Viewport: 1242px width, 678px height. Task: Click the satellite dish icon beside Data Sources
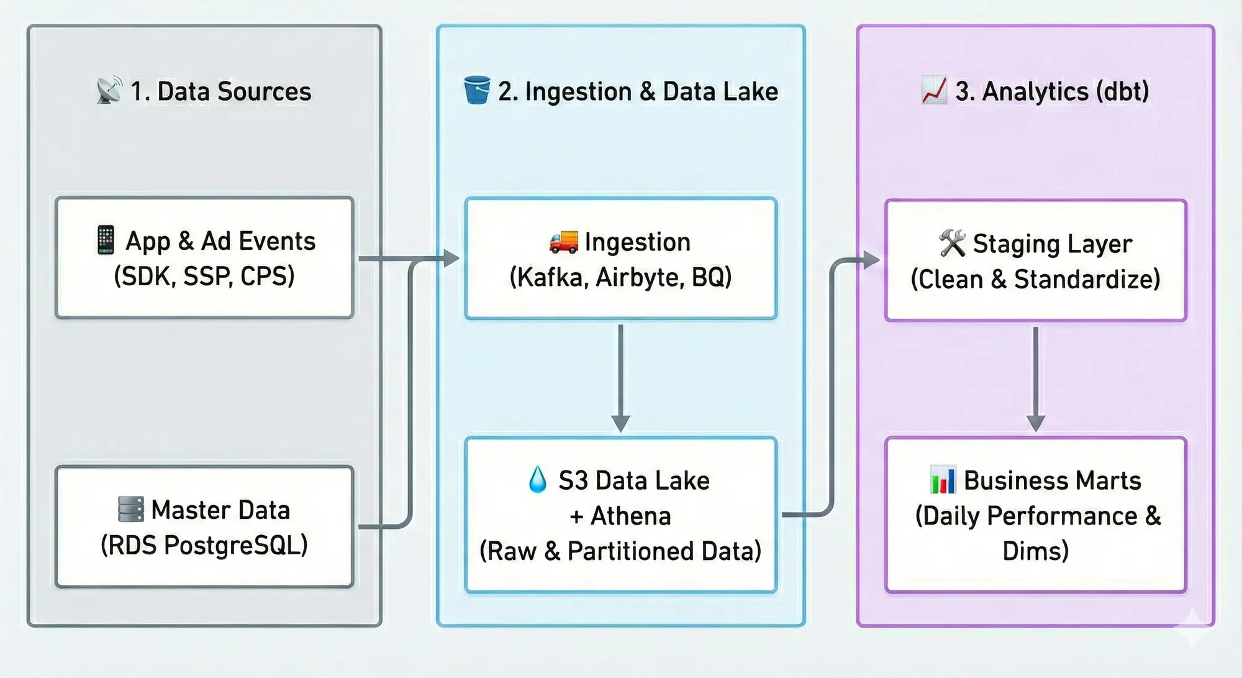point(110,91)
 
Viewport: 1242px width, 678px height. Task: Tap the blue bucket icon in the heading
point(477,90)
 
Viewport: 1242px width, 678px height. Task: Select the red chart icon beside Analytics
point(934,91)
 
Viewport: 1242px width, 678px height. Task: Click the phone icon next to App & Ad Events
point(106,241)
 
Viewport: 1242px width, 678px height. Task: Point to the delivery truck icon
point(564,242)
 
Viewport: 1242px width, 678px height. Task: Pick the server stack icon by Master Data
point(131,510)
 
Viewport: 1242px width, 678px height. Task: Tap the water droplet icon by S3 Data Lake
point(538,480)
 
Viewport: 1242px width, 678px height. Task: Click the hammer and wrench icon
point(953,243)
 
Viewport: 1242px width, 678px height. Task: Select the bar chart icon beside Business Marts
point(943,480)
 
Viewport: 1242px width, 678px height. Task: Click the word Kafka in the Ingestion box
point(550,277)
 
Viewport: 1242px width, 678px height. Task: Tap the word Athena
point(631,516)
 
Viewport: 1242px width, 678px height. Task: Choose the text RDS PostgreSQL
point(204,545)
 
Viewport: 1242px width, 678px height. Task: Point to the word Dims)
point(1036,551)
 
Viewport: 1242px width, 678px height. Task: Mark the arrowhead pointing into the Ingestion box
point(451,258)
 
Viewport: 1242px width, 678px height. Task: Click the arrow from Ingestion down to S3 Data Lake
point(620,378)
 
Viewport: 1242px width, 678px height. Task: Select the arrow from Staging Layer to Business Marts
point(1036,379)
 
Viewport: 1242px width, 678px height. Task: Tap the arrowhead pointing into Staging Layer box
point(871,260)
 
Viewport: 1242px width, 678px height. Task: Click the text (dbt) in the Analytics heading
point(1123,91)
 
